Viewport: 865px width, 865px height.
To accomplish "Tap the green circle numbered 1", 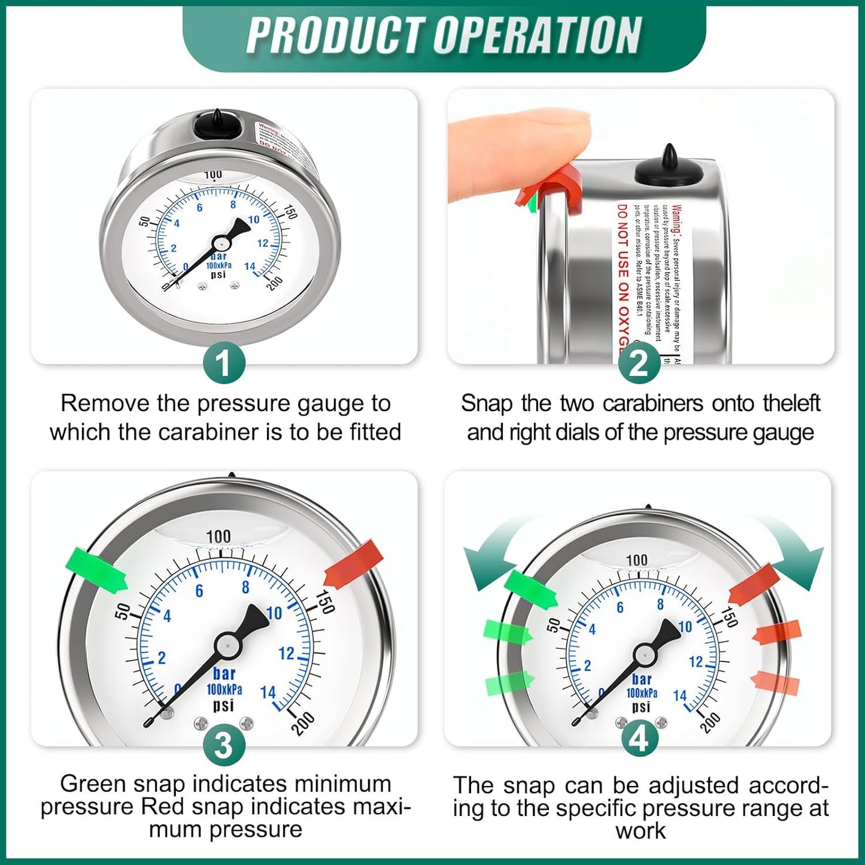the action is click(223, 363).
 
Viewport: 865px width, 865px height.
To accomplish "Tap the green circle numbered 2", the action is click(639, 363).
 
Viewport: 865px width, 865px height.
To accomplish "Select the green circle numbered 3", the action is click(223, 745).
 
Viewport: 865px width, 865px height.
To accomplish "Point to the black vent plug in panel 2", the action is click(669, 168).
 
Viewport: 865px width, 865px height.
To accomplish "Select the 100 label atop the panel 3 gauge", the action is click(218, 536).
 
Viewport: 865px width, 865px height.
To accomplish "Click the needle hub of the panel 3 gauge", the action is click(227, 645).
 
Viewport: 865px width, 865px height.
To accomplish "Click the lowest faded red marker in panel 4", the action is click(775, 683).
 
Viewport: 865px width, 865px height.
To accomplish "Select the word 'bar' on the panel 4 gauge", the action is click(642, 679).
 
